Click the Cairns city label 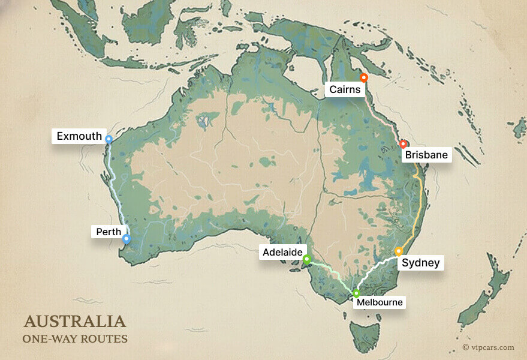click(344, 91)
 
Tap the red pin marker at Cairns click(363, 77)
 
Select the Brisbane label click(426, 155)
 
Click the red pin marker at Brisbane click(403, 144)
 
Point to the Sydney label click(420, 263)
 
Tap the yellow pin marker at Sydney click(399, 251)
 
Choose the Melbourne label click(380, 302)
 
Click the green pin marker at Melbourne click(356, 293)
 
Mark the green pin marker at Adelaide click(306, 259)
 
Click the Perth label click(109, 231)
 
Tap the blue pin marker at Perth click(127, 239)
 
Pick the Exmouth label click(79, 136)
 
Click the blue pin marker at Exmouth click(109, 139)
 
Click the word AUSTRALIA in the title click(75, 321)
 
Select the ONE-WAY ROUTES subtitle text click(75, 339)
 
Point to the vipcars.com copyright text click(488, 347)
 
